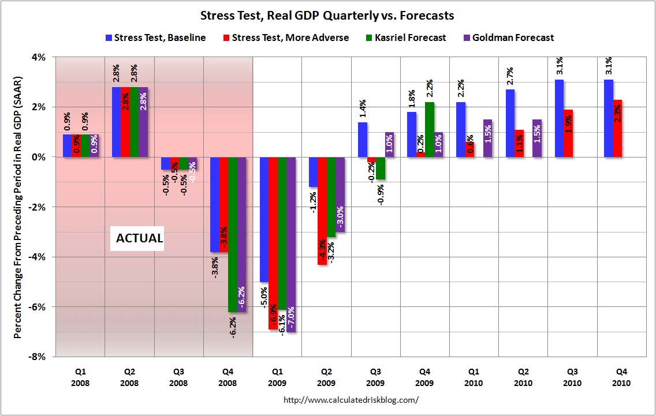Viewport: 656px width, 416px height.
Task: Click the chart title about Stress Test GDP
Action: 327,15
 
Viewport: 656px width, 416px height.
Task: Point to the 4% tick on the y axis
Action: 40,57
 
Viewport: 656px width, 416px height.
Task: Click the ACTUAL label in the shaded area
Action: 140,238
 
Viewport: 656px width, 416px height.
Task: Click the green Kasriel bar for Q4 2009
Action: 429,129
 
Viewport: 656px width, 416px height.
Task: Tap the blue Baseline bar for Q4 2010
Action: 609,118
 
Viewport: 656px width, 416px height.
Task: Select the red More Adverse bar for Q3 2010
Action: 568,133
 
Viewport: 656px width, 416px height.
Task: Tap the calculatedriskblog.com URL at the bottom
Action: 352,399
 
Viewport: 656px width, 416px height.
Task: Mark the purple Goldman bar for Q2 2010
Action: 537,138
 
